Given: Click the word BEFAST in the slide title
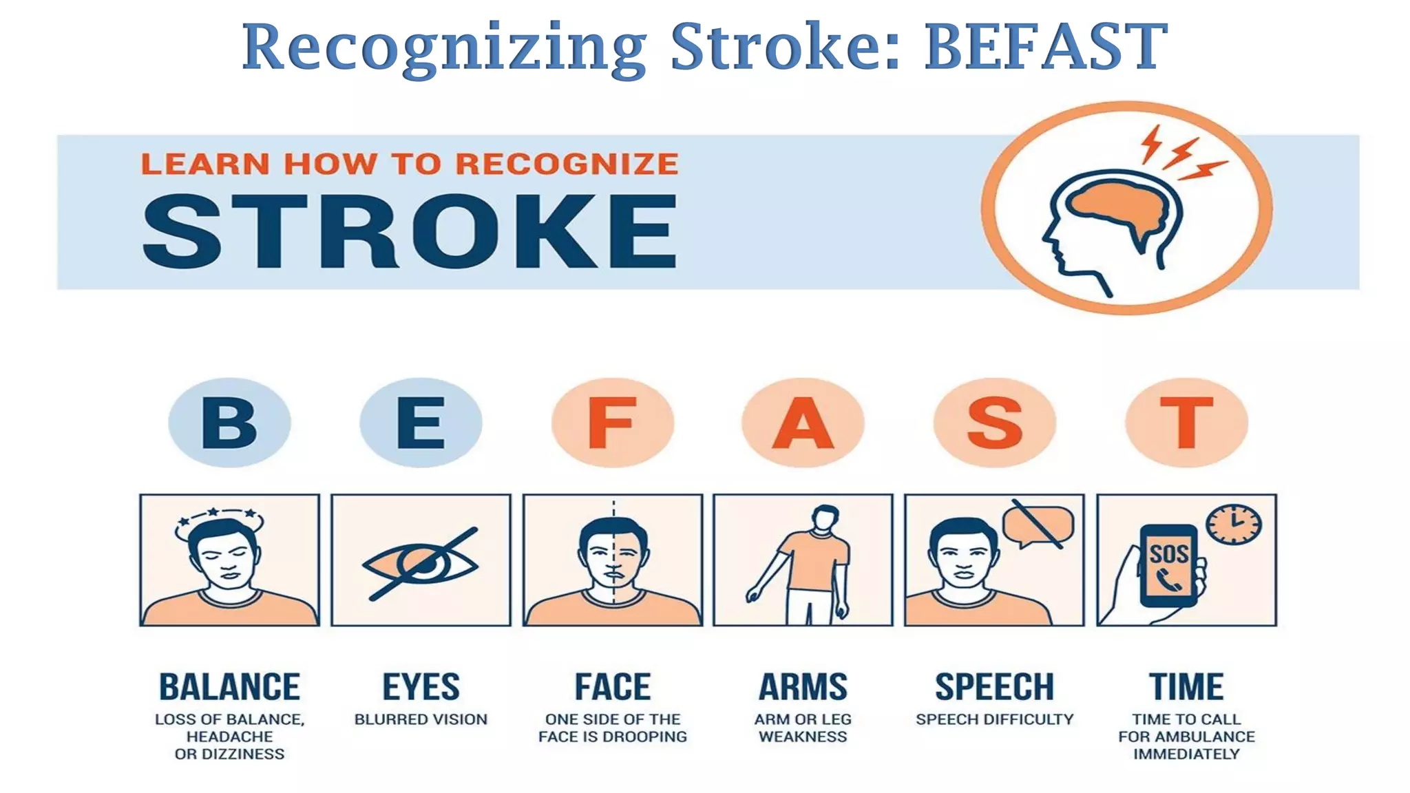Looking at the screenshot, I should click(1045, 47).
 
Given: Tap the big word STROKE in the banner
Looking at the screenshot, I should click(410, 231).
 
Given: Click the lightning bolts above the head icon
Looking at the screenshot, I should click(1181, 153).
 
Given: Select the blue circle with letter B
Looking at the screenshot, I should click(229, 423).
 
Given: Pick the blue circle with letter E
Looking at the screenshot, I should click(421, 423).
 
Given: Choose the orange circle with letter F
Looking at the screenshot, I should click(612, 423).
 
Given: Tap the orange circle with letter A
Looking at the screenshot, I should click(803, 423).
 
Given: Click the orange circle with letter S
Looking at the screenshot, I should click(994, 423).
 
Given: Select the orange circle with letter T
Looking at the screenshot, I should click(1186, 423).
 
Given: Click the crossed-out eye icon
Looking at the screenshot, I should click(421, 564).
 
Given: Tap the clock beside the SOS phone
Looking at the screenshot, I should click(1234, 525).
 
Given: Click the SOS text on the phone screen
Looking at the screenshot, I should click(1169, 553).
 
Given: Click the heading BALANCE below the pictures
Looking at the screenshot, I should click(229, 687).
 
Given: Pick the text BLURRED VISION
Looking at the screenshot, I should click(421, 719).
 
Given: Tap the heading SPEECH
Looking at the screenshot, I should click(994, 687).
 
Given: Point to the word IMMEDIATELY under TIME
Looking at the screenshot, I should click(1186, 754).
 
